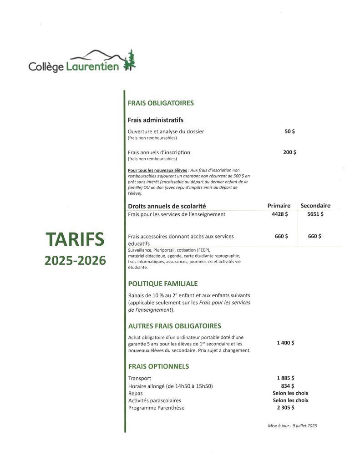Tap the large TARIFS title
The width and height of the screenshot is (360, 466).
coord(75,240)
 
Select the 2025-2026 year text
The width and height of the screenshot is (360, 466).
coord(75,260)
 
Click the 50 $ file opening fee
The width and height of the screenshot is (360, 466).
coord(289,132)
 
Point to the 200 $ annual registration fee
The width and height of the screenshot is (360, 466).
coord(289,152)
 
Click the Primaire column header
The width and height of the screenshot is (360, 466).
coord(279,206)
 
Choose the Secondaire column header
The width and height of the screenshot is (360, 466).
coord(315,206)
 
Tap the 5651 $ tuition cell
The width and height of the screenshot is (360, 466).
coord(315,214)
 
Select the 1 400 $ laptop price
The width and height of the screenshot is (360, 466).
coord(285,343)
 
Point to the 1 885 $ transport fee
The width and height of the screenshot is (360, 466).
coord(285,378)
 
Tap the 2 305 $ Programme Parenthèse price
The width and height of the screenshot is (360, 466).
coord(285,408)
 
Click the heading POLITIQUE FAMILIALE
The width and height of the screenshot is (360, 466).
coord(163,284)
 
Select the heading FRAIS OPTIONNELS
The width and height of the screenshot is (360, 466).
coord(158,366)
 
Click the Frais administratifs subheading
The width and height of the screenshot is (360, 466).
coord(156,120)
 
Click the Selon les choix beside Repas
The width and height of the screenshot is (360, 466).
coord(290,393)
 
